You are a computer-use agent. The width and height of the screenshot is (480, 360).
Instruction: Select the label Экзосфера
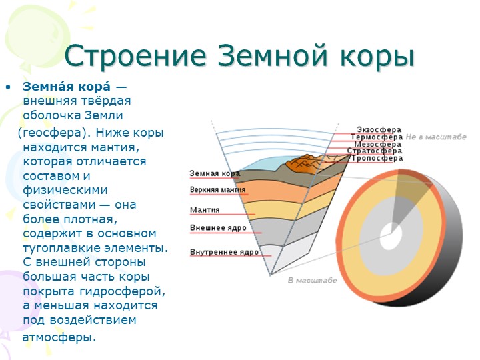coord(379,129)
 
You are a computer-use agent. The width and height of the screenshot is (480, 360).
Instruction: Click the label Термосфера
coord(377,137)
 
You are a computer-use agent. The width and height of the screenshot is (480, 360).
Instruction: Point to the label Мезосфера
coord(378,144)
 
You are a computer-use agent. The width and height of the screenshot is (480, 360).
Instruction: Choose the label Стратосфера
coord(375,151)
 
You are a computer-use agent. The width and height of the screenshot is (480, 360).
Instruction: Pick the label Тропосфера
coord(377,158)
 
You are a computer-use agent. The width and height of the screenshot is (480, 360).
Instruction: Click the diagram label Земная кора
coord(215,173)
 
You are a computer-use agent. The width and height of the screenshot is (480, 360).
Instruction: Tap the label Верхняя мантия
coord(217,190)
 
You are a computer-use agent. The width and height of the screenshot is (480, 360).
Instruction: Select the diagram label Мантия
coord(205,210)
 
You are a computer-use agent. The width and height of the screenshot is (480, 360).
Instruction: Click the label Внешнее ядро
coord(218,228)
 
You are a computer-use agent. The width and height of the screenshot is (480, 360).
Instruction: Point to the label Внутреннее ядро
coord(224,252)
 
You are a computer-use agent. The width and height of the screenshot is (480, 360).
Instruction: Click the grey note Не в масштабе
coord(436,137)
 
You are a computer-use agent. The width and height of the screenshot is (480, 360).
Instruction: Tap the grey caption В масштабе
coord(312,281)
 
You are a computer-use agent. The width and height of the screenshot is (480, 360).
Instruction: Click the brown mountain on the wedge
coord(303,165)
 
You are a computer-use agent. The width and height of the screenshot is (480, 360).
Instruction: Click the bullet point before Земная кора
coord(8,87)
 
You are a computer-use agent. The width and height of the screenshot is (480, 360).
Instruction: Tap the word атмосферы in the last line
coord(59,337)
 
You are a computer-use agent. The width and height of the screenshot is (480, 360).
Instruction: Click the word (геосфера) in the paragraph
coord(55,133)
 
